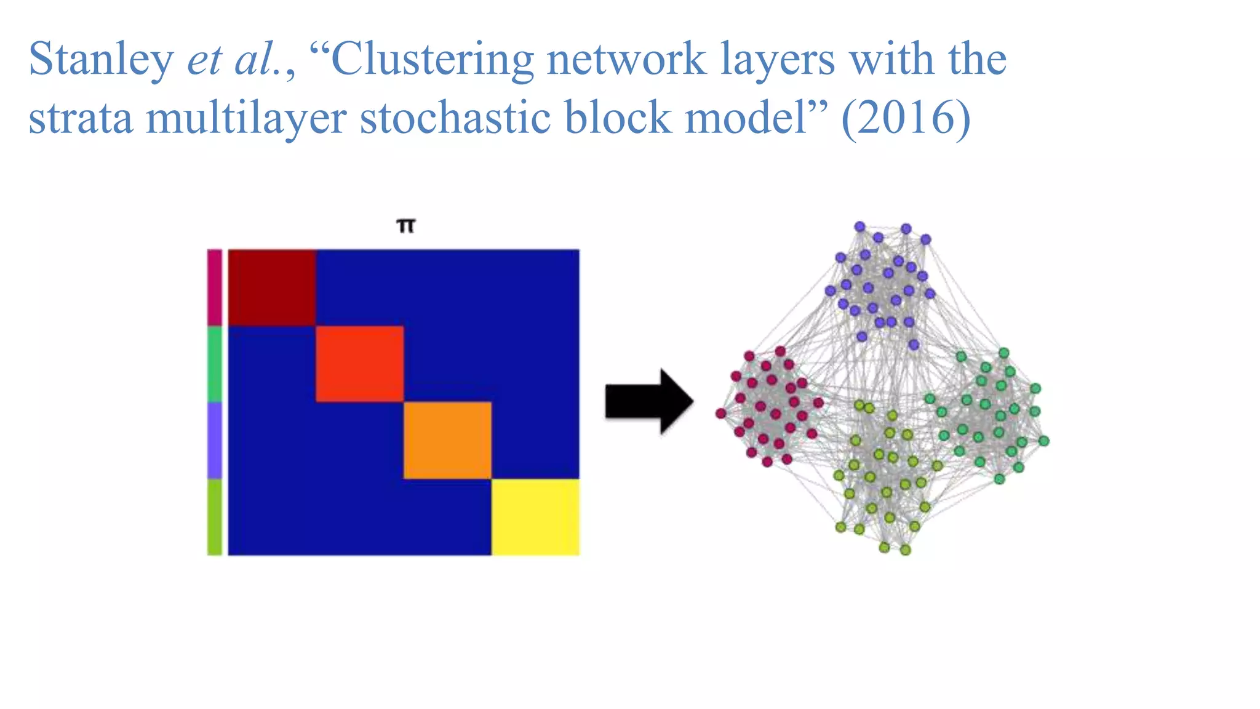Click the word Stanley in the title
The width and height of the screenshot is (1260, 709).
click(102, 60)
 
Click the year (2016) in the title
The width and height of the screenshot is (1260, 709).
click(906, 117)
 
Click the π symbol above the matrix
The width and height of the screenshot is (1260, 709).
click(406, 226)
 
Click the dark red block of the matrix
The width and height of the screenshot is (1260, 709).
click(272, 287)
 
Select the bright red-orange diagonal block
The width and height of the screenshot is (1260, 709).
click(360, 364)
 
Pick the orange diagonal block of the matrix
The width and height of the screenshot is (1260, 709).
click(447, 440)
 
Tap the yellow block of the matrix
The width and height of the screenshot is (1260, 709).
click(535, 517)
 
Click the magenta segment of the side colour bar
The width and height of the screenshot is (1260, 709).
click(214, 287)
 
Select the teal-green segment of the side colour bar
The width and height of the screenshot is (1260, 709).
click(214, 364)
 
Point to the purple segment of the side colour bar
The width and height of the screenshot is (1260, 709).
click(214, 440)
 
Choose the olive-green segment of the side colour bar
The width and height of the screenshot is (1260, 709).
click(214, 517)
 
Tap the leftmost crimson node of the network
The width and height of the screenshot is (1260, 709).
click(720, 413)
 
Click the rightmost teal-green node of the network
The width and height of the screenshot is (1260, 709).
click(1043, 441)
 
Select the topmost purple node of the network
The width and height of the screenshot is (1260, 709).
click(860, 226)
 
